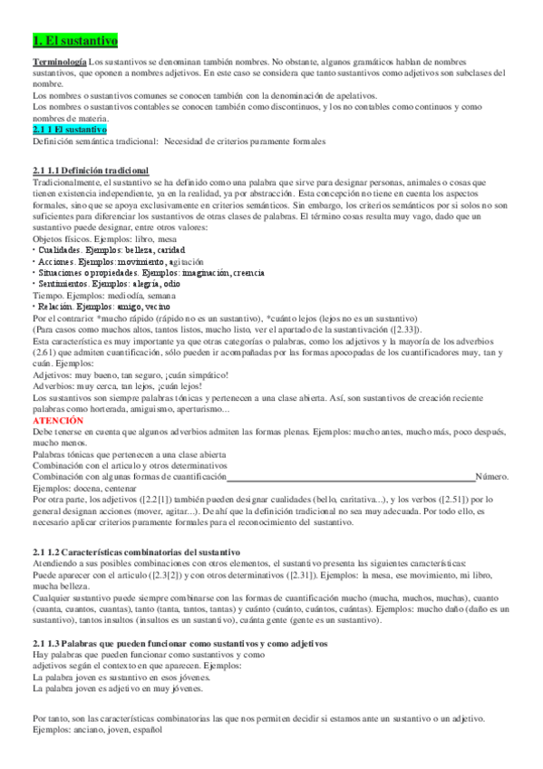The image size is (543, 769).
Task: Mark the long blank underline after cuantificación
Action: [x=351, y=477]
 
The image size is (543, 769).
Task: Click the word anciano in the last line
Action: [x=89, y=728]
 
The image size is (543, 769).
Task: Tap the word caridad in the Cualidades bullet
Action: [x=168, y=248]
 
